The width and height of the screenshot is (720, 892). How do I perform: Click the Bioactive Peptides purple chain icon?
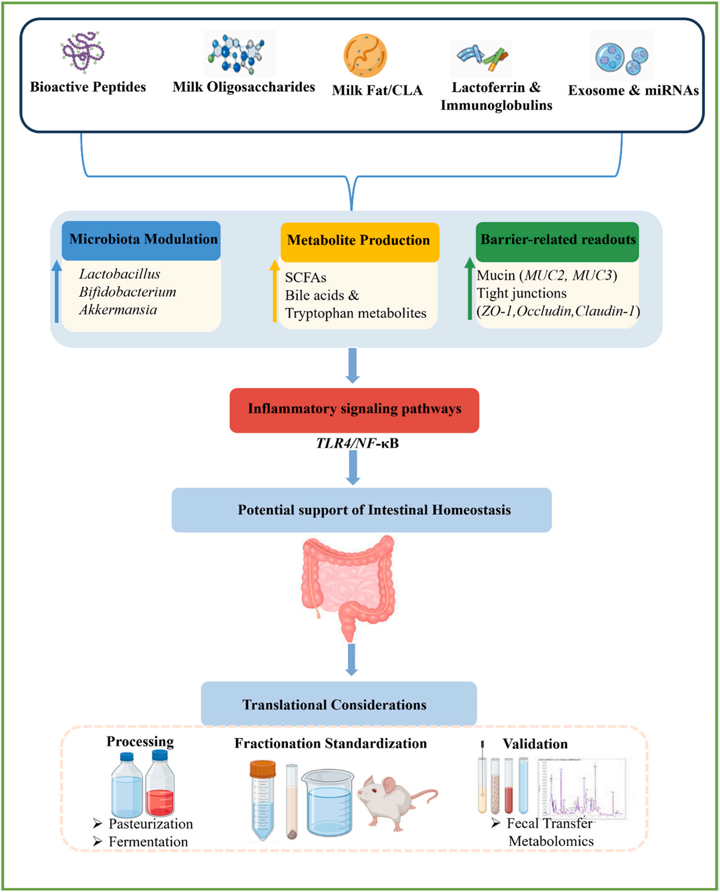(83, 52)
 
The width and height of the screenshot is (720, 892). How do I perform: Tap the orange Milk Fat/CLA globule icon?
(365, 56)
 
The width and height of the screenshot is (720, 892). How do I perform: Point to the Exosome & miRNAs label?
(633, 90)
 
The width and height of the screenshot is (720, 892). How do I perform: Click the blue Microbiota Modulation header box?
(141, 240)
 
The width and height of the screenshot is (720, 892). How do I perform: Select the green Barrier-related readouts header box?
(557, 241)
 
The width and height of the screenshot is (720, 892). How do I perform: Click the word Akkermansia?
(118, 310)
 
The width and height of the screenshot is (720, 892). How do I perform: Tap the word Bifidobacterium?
(128, 292)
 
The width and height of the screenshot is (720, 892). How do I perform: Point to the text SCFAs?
(306, 277)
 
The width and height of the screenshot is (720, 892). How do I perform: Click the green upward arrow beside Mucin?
(470, 288)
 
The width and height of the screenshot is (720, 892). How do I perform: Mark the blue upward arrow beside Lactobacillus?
(57, 291)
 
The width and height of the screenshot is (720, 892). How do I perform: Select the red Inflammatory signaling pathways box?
(354, 410)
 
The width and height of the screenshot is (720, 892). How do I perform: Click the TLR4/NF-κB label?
(357, 443)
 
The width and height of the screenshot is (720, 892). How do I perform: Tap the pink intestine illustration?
(348, 587)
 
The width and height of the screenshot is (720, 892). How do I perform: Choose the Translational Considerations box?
(339, 703)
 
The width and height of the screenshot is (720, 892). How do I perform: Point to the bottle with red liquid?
(160, 784)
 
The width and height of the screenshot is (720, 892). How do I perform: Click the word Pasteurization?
(151, 824)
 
